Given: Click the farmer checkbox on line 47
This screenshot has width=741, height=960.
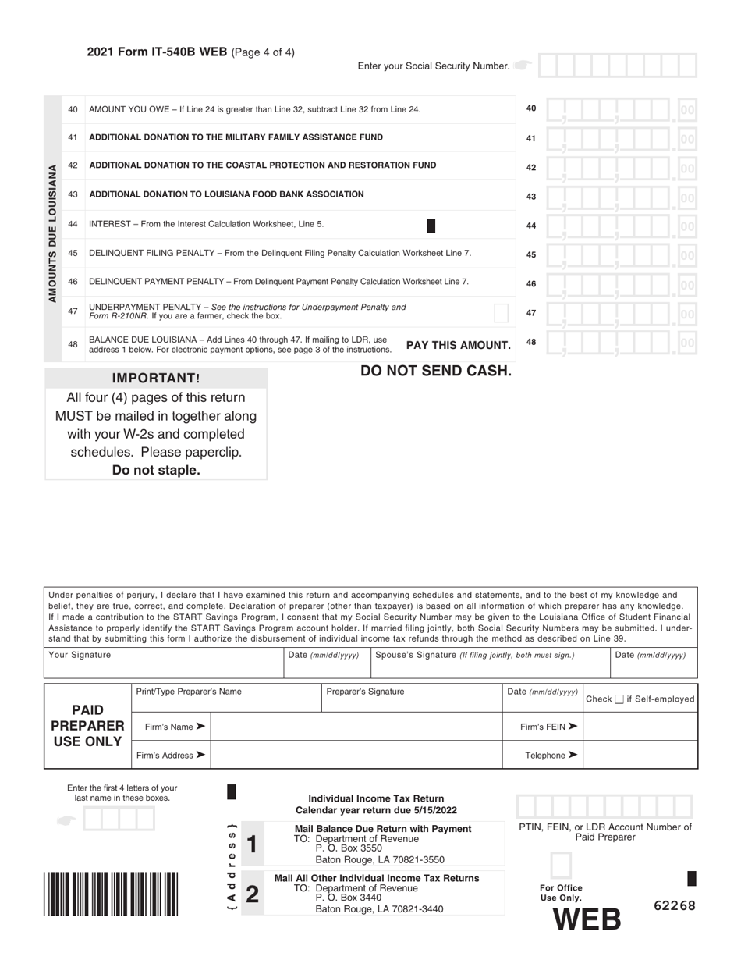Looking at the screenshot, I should (502, 313).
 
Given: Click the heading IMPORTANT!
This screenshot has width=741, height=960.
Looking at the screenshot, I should (156, 379).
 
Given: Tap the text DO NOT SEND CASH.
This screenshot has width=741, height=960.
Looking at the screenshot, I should (436, 371).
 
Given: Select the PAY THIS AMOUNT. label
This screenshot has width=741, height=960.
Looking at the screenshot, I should (459, 345).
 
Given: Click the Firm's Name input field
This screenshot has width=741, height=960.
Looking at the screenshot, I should (356, 727).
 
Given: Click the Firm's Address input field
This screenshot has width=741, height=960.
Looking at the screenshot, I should (356, 755).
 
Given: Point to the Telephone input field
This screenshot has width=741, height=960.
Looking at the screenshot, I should (640, 755).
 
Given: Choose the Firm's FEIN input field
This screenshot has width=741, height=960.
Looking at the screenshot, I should (640, 727).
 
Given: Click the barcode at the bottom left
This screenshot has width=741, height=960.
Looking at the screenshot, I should (111, 892).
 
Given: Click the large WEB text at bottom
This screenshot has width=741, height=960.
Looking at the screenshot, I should (587, 920).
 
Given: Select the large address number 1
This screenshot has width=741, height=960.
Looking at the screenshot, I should (251, 844).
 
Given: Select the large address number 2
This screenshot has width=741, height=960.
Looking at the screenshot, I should (251, 893).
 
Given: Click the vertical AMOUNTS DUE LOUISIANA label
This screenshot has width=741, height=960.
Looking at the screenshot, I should (53, 233).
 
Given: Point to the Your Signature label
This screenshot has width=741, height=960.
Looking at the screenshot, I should (80, 655).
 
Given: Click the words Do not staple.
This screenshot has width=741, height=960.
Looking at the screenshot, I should (156, 470).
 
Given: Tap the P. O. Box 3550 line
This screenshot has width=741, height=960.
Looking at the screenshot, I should (349, 848).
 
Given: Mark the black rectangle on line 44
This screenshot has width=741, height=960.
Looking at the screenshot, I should (431, 226).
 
